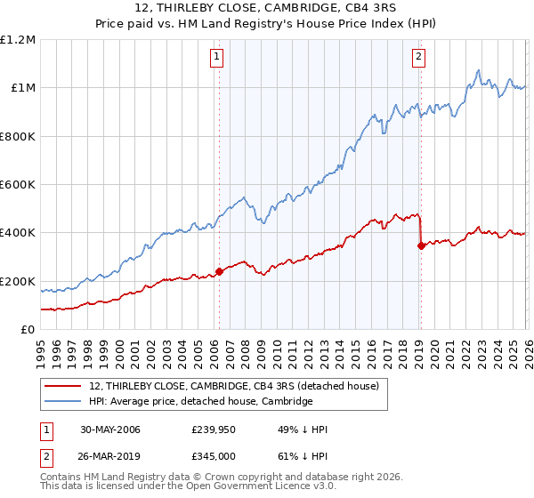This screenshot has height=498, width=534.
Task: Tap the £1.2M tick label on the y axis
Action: coord(18,40)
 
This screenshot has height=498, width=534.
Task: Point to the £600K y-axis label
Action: coord(18,185)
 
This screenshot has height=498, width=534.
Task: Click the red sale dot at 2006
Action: coord(219,272)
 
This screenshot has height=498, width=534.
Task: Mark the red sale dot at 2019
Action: coord(421,246)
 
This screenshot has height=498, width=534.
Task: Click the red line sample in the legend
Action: coord(64,386)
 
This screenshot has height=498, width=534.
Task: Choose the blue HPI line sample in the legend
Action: coord(64,401)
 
